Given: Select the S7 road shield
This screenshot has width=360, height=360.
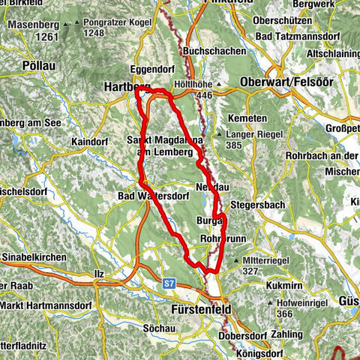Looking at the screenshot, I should [170, 284].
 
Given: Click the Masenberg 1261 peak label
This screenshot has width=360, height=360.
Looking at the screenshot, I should [33, 31].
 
